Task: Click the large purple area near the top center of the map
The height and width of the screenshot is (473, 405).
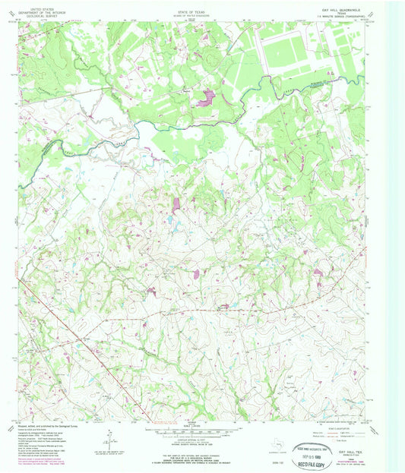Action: pyautogui.click(x=205, y=97)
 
